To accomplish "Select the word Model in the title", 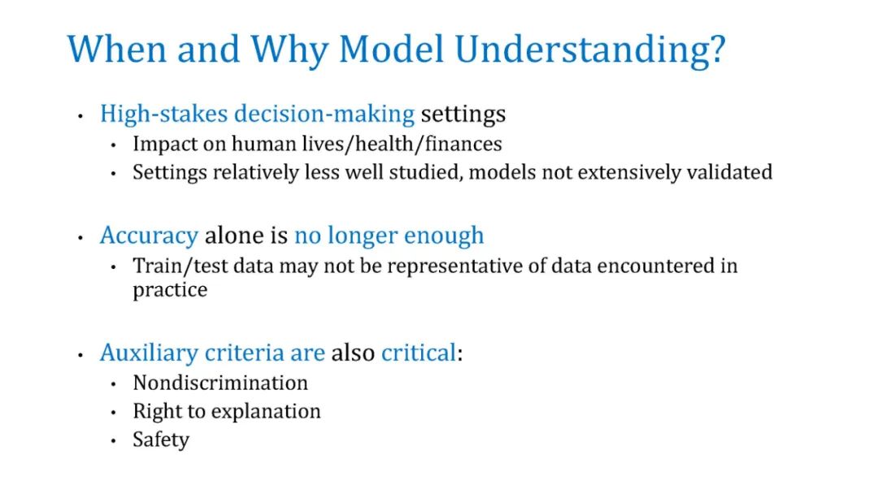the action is click(391, 49).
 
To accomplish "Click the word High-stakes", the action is click(163, 114).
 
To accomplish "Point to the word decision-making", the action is click(324, 114).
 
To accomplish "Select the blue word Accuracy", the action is click(149, 236).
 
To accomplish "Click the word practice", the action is click(170, 290).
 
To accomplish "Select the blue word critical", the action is click(419, 353).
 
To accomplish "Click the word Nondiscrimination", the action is click(220, 383).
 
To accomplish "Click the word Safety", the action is click(161, 440).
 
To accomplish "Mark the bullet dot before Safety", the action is click(113, 441).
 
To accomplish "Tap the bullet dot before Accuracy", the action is click(80, 238).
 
